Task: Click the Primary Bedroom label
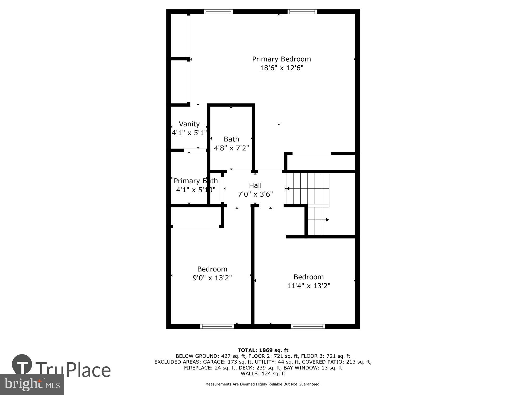(x=281, y=59)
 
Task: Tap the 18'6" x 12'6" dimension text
(x=281, y=68)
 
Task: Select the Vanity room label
(x=189, y=124)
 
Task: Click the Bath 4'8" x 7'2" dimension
(x=231, y=148)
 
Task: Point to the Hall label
(x=255, y=185)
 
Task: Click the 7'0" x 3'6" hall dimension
(x=255, y=194)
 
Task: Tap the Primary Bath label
(x=196, y=181)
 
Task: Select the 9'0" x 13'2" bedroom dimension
(x=212, y=278)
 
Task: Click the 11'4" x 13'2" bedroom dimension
(x=308, y=286)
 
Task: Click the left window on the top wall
(x=218, y=12)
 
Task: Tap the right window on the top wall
(x=302, y=12)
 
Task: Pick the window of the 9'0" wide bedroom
(x=217, y=326)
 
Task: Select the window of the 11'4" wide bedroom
(x=308, y=326)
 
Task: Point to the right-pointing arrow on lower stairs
(x=327, y=220)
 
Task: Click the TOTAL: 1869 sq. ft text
(x=263, y=350)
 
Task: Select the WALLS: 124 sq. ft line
(x=263, y=373)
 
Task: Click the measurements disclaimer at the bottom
(x=263, y=384)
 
